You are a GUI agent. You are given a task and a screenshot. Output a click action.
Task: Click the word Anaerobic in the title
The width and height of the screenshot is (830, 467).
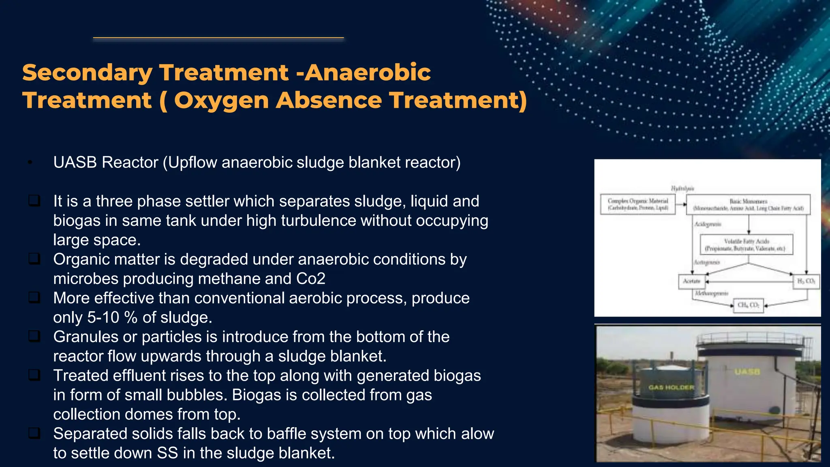click(368, 73)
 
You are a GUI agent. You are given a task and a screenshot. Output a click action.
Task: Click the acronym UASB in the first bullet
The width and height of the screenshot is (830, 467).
click(75, 163)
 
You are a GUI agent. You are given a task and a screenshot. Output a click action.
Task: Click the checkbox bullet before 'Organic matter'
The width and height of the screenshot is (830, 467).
click(34, 259)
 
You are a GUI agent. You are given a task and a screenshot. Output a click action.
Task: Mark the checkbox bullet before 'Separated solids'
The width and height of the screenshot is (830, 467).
click(34, 433)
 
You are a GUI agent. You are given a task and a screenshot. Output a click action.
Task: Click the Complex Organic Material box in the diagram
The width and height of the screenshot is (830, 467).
click(637, 204)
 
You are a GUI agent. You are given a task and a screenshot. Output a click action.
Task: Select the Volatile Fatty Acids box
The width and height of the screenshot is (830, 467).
click(746, 244)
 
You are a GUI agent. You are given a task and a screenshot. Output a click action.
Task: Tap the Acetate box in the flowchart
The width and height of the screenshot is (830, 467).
click(691, 281)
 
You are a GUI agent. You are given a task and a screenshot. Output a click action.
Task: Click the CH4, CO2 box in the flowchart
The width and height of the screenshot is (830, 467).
click(748, 305)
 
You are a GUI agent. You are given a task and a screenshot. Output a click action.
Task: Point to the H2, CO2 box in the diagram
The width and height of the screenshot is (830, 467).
click(806, 281)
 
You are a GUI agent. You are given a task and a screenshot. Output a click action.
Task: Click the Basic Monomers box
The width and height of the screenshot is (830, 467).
click(748, 204)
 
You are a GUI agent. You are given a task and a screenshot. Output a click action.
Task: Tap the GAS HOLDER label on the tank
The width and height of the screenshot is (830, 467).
click(671, 388)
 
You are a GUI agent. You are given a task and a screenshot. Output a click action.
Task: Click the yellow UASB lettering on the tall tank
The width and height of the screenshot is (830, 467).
click(747, 372)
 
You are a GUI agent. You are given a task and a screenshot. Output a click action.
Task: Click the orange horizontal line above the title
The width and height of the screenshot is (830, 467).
click(218, 38)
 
